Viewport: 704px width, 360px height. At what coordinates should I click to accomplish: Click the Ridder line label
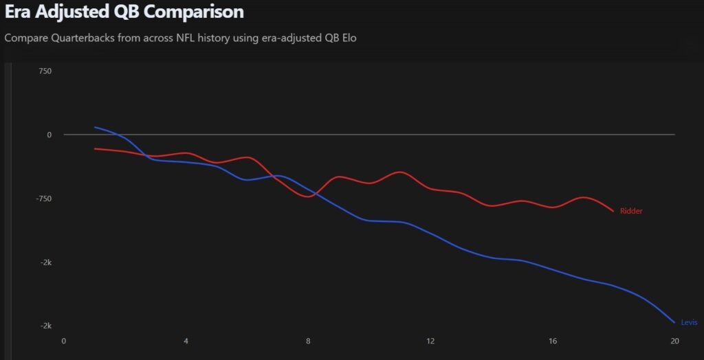point(630,212)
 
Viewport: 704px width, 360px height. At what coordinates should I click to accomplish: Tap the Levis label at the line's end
point(688,322)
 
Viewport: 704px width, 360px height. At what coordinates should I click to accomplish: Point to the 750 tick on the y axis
point(45,71)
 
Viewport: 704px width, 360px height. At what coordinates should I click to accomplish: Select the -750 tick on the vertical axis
point(43,199)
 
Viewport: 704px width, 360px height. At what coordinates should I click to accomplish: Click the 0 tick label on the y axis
point(49,135)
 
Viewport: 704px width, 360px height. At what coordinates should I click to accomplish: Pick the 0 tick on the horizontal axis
point(64,341)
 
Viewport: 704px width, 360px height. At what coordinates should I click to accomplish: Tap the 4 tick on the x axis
point(186,341)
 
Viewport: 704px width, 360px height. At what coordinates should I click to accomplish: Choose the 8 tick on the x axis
point(308,341)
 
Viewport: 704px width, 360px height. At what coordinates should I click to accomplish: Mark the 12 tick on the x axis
point(430,341)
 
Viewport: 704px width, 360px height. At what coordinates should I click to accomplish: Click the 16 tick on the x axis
point(553,341)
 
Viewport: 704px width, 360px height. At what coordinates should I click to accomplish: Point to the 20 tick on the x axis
point(674,341)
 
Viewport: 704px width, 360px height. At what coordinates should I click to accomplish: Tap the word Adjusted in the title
point(72,12)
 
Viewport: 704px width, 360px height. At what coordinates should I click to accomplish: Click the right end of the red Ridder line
point(613,211)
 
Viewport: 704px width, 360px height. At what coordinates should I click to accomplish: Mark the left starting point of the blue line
point(95,127)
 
